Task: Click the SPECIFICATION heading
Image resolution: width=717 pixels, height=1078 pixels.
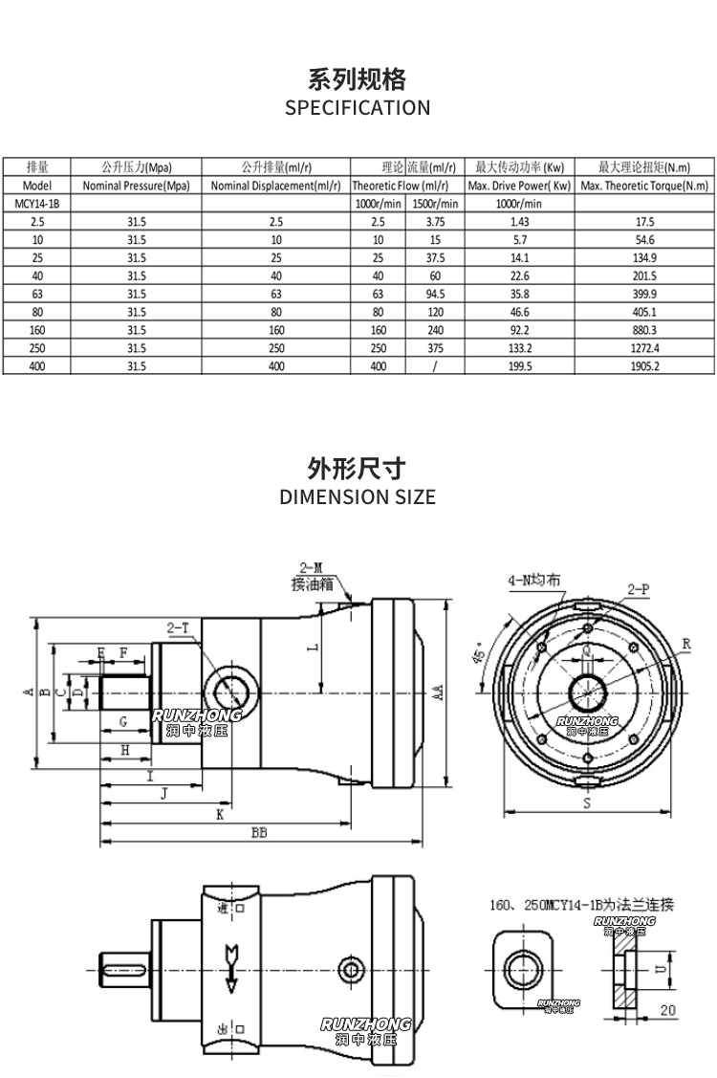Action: tap(358, 107)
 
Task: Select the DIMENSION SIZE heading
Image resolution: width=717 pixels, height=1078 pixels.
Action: tap(358, 496)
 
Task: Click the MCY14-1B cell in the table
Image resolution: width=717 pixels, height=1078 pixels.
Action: tap(37, 203)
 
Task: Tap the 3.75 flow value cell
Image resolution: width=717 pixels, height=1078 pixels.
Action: tap(435, 220)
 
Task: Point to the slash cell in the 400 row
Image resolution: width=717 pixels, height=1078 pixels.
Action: tap(435, 365)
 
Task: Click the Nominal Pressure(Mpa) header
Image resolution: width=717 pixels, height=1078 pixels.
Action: tap(137, 185)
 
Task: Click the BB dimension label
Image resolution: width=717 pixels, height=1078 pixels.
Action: tap(259, 833)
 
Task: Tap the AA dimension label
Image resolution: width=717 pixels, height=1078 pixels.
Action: tap(436, 692)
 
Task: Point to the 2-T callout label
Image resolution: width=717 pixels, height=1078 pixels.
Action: tap(179, 628)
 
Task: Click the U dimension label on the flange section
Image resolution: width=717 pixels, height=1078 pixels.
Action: tap(658, 969)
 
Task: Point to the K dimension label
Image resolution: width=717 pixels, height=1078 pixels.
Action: tap(220, 814)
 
